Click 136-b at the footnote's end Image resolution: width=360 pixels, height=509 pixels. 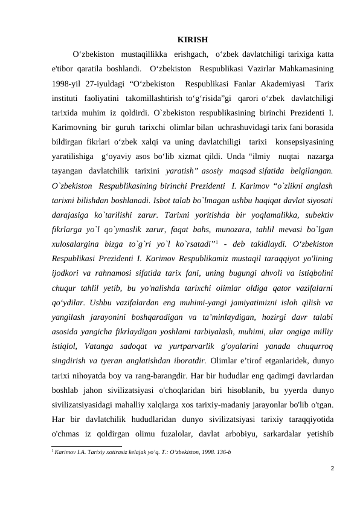[223, 452]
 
